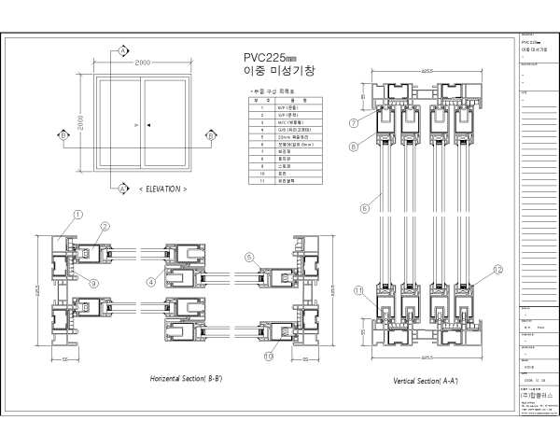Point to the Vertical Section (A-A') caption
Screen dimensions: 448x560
(x=425, y=381)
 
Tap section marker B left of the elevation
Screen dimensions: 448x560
(x=63, y=136)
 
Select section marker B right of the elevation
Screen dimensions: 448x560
(x=213, y=136)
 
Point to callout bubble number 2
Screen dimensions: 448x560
(x=105, y=226)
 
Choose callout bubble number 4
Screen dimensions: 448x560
(x=151, y=280)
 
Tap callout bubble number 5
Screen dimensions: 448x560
(x=250, y=257)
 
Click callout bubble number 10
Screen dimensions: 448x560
(x=269, y=355)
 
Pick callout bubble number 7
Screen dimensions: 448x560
(x=355, y=122)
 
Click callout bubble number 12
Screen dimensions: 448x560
(x=497, y=270)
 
